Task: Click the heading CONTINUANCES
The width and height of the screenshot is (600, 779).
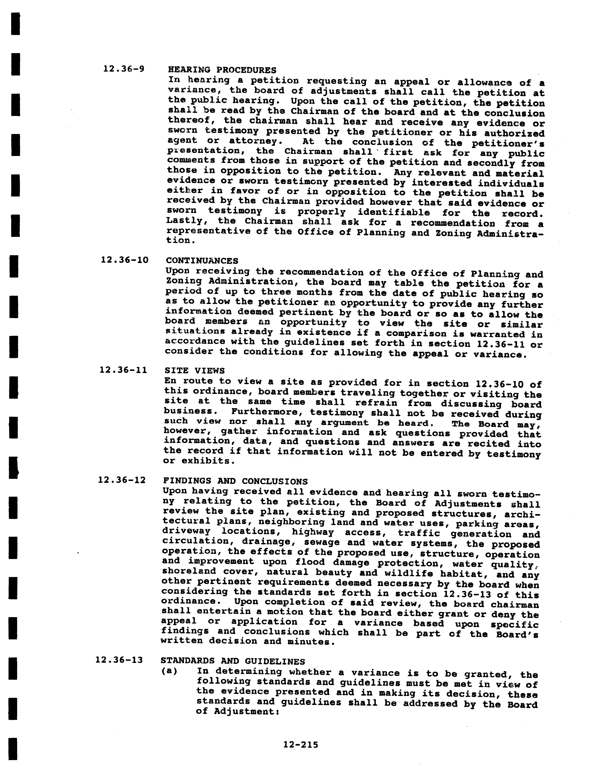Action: click(202, 261)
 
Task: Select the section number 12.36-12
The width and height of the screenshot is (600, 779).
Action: click(122, 480)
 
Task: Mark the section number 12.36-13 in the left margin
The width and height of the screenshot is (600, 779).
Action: click(119, 660)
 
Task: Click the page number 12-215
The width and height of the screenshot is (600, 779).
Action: click(300, 744)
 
